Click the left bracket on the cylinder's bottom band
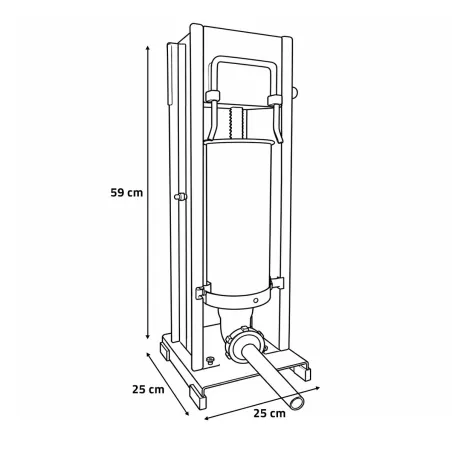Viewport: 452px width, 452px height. click(202, 293)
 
